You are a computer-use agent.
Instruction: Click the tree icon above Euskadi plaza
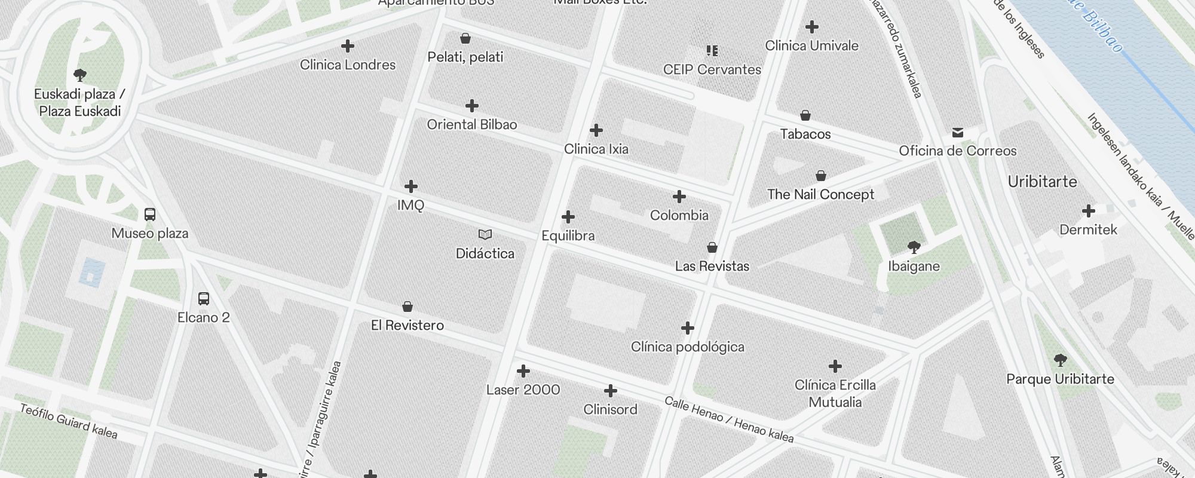80,75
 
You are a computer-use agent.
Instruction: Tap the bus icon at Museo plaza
150,215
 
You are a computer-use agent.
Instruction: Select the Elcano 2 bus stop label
203,317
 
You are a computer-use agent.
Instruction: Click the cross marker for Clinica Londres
347,46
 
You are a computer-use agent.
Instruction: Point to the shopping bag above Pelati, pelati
465,39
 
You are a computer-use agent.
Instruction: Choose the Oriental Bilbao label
471,124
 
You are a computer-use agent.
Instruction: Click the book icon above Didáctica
485,235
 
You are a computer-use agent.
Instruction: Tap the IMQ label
410,205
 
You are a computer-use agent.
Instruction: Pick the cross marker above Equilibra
568,217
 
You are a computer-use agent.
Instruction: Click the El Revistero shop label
407,325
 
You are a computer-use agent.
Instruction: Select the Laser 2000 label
523,390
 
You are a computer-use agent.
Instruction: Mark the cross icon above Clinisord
610,391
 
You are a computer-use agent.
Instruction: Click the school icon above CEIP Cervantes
712,51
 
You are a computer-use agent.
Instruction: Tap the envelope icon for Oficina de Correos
958,132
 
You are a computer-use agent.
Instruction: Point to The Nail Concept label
820,194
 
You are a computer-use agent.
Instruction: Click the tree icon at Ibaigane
914,247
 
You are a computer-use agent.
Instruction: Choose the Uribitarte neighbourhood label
1042,182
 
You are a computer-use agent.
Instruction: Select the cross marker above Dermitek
1088,211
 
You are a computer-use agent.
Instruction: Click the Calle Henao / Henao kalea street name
729,420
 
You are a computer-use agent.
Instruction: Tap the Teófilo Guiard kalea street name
69,421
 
